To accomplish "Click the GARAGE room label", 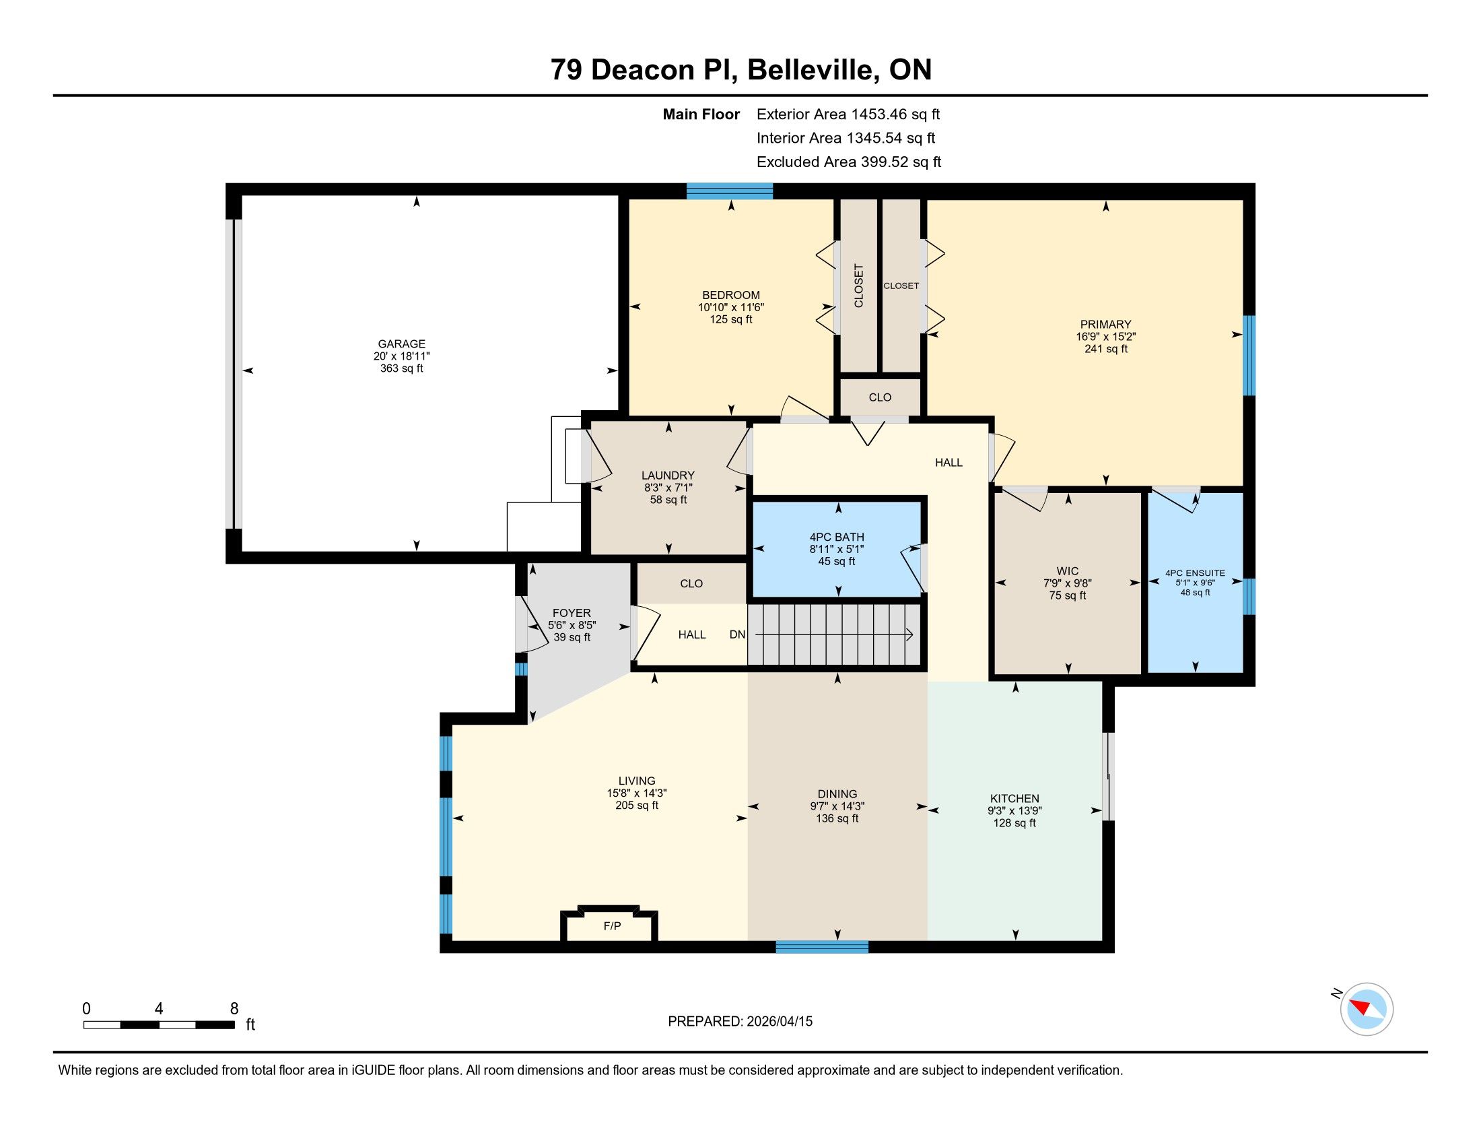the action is [x=401, y=344].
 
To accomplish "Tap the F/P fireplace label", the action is [x=613, y=926].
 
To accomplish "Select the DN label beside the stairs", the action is [x=737, y=635].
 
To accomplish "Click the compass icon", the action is [x=1367, y=1009].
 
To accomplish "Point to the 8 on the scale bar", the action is [x=234, y=1009].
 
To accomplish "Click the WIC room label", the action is [x=1068, y=571].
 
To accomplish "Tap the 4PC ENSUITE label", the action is [x=1196, y=572].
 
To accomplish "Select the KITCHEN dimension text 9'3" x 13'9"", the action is [x=1014, y=810].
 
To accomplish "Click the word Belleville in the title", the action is [x=811, y=70].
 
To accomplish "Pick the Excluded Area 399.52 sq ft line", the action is [x=849, y=162].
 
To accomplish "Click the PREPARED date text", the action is [x=740, y=1022].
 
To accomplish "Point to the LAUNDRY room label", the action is [x=668, y=476].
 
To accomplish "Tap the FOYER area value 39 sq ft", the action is [x=572, y=638].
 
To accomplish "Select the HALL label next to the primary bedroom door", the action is [x=949, y=463].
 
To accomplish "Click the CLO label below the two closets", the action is [x=881, y=397].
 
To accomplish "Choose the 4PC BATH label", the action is [x=837, y=537].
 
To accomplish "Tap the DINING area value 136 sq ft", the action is [x=837, y=819].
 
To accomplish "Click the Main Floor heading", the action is [x=701, y=115].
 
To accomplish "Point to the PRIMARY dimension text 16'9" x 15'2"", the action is [x=1106, y=337].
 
